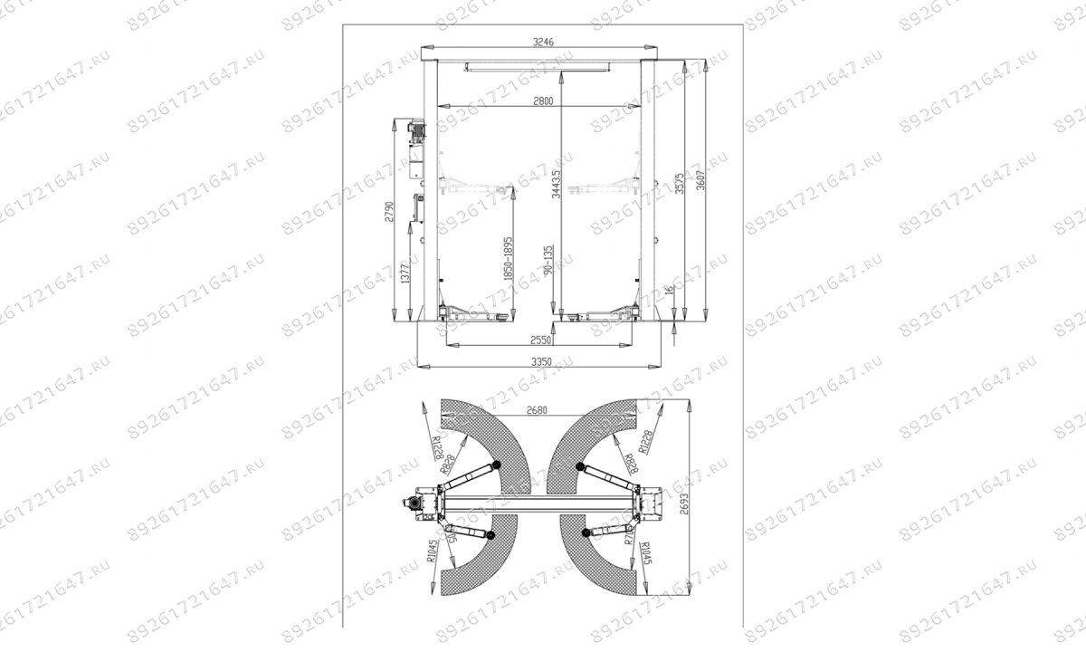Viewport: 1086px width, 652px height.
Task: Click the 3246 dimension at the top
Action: (542, 41)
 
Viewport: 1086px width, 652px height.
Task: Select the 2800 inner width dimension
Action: (542, 101)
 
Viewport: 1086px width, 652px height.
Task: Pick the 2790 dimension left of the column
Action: (389, 211)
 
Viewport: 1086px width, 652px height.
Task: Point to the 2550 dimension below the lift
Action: (542, 343)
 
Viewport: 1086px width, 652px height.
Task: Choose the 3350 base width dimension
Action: (542, 362)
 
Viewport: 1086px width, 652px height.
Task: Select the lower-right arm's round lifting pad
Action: (587, 534)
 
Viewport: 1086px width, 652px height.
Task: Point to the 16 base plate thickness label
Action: (669, 292)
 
